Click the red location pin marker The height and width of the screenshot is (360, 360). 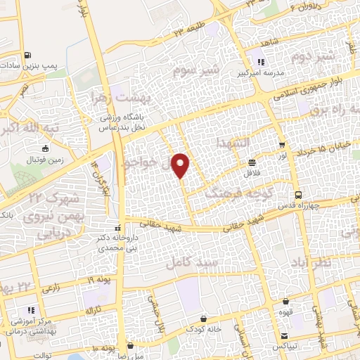click(181, 166)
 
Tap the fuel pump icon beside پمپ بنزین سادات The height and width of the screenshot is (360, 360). click(26, 55)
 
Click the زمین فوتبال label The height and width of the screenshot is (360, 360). click(44, 161)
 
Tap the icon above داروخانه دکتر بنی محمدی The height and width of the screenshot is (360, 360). click(119, 228)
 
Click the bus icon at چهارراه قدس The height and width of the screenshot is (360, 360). click(298, 195)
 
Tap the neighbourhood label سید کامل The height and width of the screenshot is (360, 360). click(189, 263)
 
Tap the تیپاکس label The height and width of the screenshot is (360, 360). click(284, 347)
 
